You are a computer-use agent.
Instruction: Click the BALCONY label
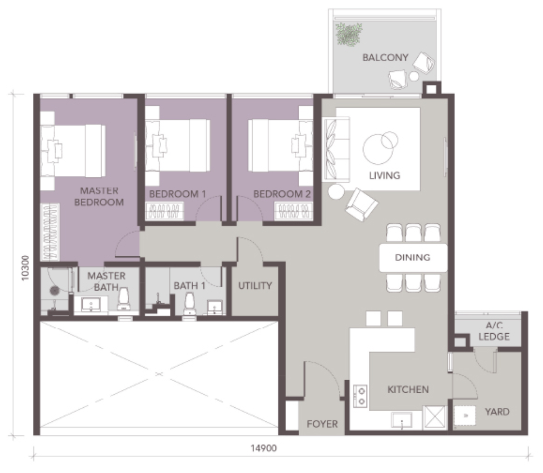pos(385,58)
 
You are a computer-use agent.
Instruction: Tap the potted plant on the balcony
pos(349,34)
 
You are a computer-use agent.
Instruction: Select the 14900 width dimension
pos(264,448)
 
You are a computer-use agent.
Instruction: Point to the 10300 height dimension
pos(25,268)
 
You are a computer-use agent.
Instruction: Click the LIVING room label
pos(384,176)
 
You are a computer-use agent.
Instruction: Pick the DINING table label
pos(413,257)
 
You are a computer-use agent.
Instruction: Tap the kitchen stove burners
pos(361,396)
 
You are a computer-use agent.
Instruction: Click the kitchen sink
pos(402,420)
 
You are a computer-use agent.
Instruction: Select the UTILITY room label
pos(255,286)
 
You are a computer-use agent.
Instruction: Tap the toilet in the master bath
pos(123,299)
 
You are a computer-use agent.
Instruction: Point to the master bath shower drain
pos(54,291)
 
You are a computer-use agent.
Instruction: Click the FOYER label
pos(322,424)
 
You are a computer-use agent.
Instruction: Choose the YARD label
pos(497,412)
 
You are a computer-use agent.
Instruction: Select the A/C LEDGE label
pos(494,331)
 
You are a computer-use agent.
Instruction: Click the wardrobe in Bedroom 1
pos(165,211)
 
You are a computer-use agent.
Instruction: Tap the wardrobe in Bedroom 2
pos(294,211)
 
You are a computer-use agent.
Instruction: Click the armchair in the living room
pos(361,205)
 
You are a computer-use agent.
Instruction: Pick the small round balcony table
pos(413,77)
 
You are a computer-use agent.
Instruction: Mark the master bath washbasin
pos(91,304)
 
